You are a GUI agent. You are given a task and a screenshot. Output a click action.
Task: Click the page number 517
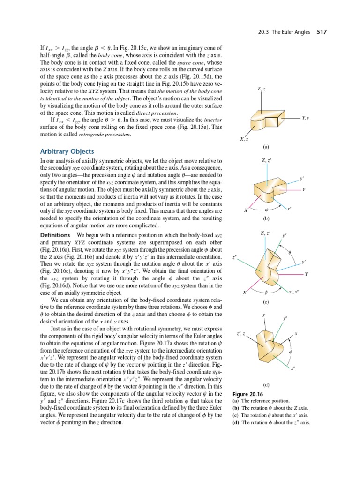point(321,32)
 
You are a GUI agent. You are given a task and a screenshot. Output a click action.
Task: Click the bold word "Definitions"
point(55,234)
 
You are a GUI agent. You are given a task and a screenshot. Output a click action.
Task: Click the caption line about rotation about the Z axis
point(271,409)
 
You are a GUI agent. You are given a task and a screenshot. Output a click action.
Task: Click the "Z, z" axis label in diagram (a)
point(261,89)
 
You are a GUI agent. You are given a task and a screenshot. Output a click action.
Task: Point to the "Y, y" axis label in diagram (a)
point(307,118)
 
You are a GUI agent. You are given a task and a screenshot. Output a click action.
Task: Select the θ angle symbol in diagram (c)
point(290,253)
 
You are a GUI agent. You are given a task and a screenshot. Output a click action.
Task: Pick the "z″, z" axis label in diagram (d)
point(240,333)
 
